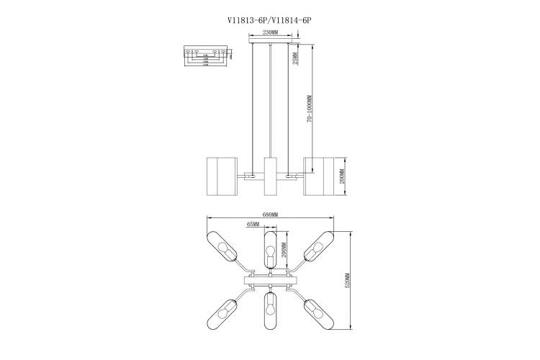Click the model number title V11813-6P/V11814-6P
tap(269, 22)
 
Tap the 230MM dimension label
tap(270, 33)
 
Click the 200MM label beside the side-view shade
tap(343, 176)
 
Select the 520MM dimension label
tap(347, 281)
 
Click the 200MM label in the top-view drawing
tap(284, 249)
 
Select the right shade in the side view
tap(320, 176)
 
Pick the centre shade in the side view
tap(271, 176)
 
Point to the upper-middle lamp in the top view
tap(270, 249)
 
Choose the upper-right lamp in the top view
tap(317, 247)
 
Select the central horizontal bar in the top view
tap(270, 280)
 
